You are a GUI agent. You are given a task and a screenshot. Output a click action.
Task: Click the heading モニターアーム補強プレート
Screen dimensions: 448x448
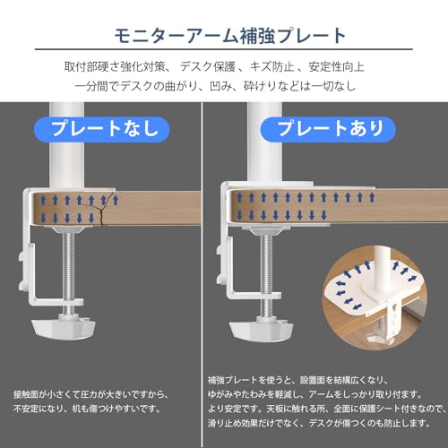tap(230, 36)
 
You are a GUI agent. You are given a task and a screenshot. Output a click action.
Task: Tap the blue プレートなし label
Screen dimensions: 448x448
tap(102, 129)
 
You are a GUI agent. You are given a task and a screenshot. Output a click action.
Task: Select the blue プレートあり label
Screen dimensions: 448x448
tap(328, 129)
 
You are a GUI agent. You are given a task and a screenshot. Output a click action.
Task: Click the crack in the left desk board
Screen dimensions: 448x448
tap(103, 209)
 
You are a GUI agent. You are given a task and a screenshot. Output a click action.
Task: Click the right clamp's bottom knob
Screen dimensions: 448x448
tap(262, 329)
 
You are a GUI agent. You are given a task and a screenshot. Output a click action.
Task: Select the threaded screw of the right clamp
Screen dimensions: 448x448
tap(266, 273)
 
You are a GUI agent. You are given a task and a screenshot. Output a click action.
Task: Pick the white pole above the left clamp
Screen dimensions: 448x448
tap(67, 145)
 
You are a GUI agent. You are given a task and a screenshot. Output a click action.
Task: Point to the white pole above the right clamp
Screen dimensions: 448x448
tap(265, 142)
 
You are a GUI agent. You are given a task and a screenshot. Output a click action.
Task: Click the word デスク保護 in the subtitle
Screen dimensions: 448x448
tap(208, 66)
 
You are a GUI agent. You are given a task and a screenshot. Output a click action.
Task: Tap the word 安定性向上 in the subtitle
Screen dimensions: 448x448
tap(337, 66)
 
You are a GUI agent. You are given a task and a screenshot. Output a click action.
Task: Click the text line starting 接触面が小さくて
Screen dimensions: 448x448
tap(91, 394)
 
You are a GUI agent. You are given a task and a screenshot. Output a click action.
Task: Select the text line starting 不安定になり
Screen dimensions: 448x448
tap(87, 409)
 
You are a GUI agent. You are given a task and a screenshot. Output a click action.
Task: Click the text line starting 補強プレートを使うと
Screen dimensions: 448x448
tap(297, 380)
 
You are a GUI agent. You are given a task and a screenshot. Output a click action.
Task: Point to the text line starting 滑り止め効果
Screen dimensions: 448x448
tap(319, 423)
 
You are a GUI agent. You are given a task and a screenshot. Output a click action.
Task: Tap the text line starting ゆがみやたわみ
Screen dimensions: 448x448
tap(315, 394)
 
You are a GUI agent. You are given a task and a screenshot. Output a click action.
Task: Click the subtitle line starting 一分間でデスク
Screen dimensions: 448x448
tap(215, 86)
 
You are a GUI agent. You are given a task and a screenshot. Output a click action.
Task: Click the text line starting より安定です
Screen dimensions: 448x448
tap(327, 409)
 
